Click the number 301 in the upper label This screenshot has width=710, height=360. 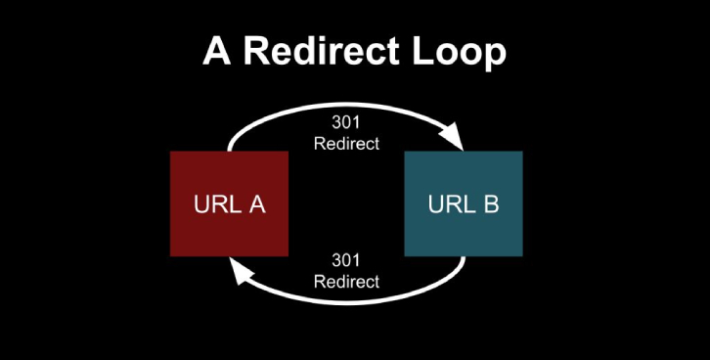pos(346,123)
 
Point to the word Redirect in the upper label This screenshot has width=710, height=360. pos(346,143)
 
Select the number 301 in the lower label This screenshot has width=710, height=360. pos(346,262)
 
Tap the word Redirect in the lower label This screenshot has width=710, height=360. pos(346,282)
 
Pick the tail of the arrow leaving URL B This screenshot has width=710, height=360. pos(462,261)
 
